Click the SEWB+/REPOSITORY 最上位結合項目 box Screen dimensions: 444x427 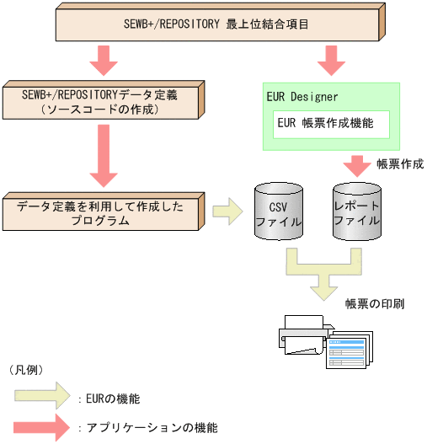coord(222,22)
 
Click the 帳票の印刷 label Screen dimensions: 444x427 coord(375,302)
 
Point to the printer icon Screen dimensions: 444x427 coord(300,334)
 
